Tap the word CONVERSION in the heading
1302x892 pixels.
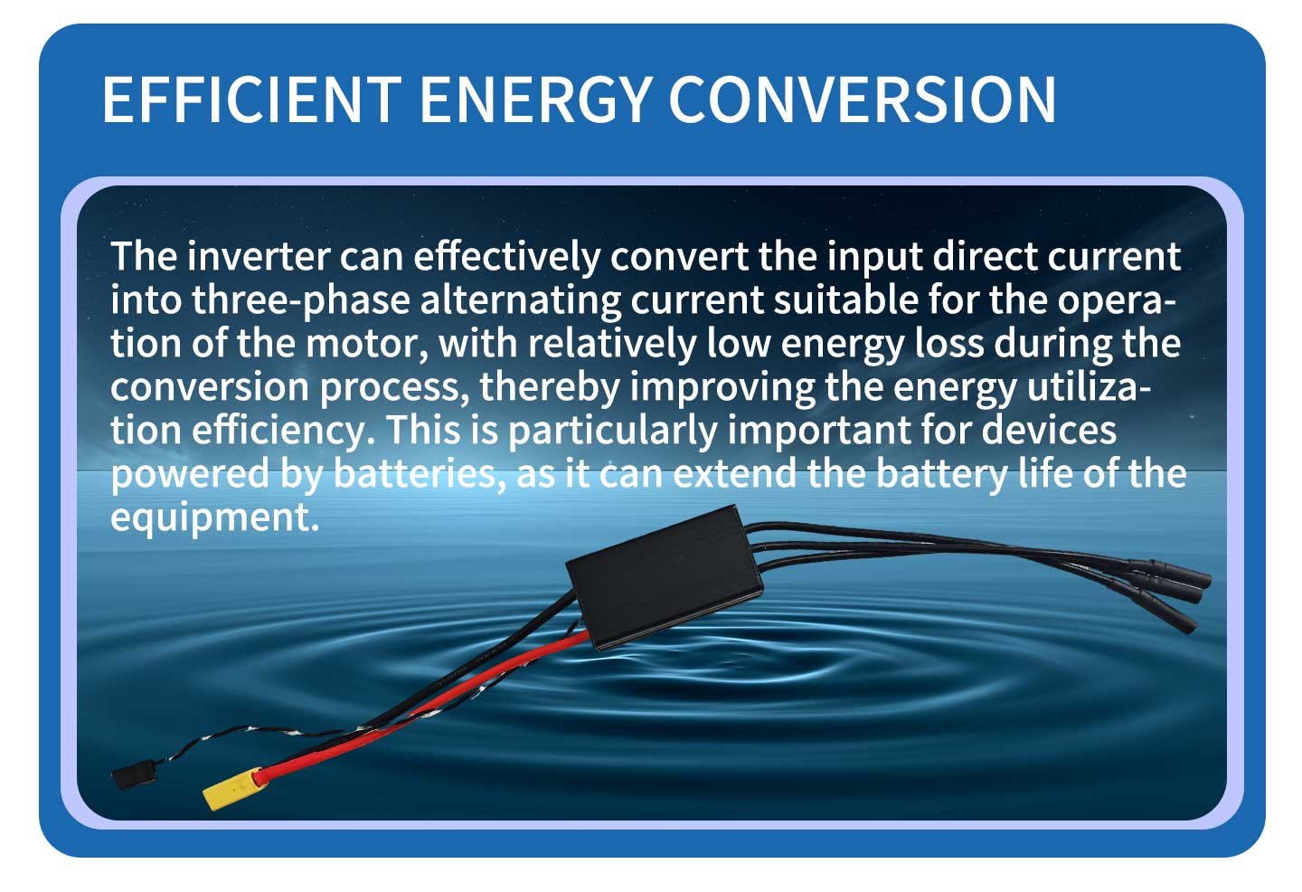tap(862, 100)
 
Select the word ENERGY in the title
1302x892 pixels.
tap(534, 100)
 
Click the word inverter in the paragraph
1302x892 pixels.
tap(258, 256)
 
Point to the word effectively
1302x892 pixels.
tap(507, 256)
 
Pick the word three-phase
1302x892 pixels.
tap(301, 300)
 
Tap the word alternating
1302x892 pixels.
tap(520, 300)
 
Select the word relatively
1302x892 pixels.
tap(612, 344)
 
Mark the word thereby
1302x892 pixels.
tap(550, 387)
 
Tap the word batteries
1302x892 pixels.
tap(419, 473)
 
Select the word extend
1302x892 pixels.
tap(735, 473)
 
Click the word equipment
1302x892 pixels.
tap(214, 517)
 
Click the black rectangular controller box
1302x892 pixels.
tap(665, 576)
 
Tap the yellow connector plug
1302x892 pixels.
tap(231, 789)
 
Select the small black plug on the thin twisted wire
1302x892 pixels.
tap(129, 777)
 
